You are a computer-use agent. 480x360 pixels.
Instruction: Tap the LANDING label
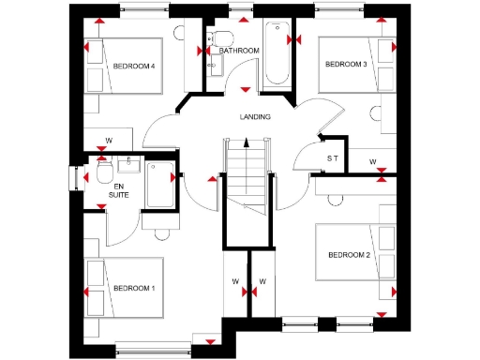(x=255, y=117)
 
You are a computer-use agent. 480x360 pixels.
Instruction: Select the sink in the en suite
(x=130, y=165)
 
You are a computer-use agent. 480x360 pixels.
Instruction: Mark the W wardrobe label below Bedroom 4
(x=109, y=141)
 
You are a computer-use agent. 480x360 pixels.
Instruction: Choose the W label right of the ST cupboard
(x=372, y=162)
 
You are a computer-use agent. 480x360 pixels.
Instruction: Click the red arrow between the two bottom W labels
(x=248, y=292)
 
